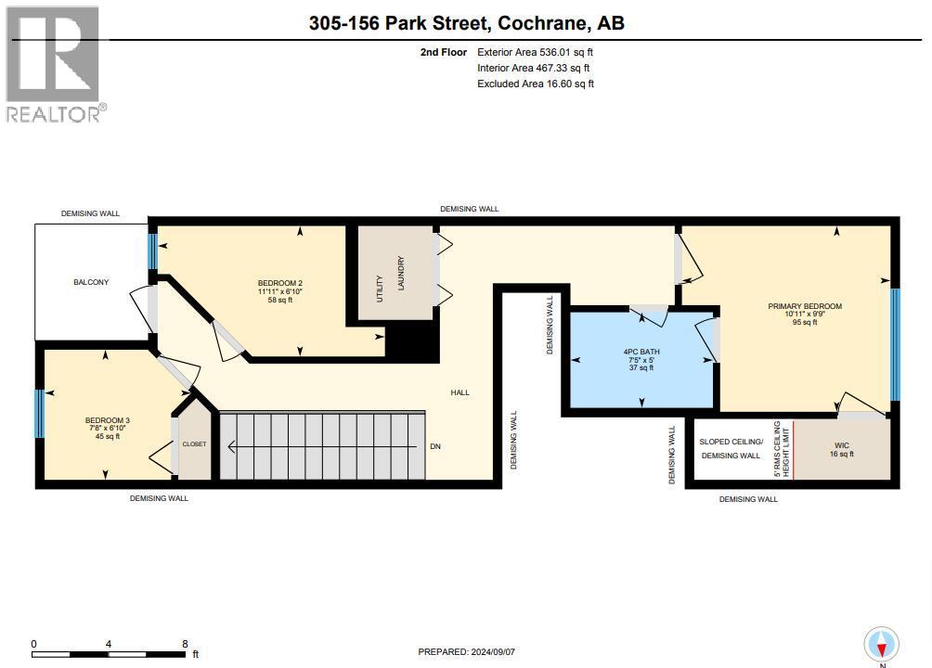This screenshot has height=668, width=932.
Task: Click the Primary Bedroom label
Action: tap(805, 306)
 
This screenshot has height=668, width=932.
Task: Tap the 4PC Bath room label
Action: tap(641, 352)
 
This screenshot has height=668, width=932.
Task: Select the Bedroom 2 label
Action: tap(280, 283)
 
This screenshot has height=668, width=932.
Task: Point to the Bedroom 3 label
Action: tap(107, 420)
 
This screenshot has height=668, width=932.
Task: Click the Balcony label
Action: tap(91, 282)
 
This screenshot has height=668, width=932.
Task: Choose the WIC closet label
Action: tap(842, 445)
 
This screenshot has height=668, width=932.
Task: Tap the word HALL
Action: tap(460, 392)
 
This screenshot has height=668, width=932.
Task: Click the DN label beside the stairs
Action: tap(435, 446)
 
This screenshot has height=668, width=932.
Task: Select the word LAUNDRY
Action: tap(401, 273)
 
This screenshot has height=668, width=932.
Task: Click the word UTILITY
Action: tap(380, 289)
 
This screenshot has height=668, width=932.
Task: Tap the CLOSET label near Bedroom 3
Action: tap(194, 444)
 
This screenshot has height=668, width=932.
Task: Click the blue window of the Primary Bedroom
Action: tap(895, 345)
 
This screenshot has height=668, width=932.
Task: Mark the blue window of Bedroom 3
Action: tap(39, 414)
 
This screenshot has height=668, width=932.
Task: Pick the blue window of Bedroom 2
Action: tap(153, 251)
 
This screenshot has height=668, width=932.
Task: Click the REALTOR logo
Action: tap(56, 64)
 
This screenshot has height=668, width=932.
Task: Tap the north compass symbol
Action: tap(882, 645)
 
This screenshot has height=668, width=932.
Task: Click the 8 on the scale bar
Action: tap(185, 644)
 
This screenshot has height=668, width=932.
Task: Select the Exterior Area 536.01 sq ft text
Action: tap(535, 52)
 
